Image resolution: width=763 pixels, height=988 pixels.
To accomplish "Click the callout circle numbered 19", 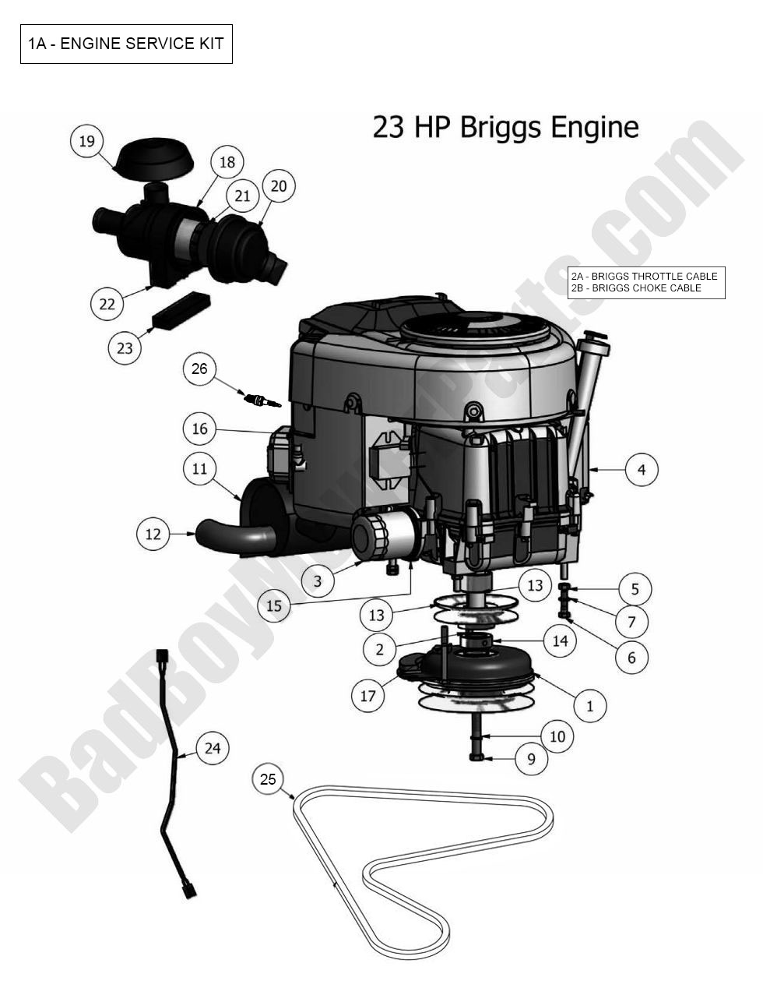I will click(x=86, y=141).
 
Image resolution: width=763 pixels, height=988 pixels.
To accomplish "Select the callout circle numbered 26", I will click(x=199, y=369).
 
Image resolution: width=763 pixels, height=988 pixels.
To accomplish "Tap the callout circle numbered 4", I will click(x=642, y=470).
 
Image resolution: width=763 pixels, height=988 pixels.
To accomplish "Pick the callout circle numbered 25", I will click(x=268, y=779).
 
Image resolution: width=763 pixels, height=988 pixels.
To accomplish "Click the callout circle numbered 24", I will click(x=213, y=748).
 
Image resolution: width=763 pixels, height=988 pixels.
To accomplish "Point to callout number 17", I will click(x=367, y=695).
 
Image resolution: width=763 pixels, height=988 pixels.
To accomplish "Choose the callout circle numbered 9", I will click(x=532, y=759).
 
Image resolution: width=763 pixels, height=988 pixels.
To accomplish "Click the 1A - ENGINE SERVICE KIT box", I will click(x=126, y=44).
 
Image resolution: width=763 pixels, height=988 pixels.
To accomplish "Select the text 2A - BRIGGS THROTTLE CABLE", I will click(x=644, y=277).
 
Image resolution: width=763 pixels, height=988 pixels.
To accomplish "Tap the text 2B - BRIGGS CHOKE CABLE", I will click(x=635, y=288).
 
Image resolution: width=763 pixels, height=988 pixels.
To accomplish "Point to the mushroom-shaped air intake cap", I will click(x=153, y=162).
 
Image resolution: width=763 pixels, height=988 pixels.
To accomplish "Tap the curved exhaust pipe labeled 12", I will click(x=234, y=535).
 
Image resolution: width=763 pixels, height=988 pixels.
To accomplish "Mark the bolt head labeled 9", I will click(x=477, y=757).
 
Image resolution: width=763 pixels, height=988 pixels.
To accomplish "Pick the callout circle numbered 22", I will click(x=107, y=303).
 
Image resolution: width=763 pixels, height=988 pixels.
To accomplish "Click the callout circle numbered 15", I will click(x=274, y=605).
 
